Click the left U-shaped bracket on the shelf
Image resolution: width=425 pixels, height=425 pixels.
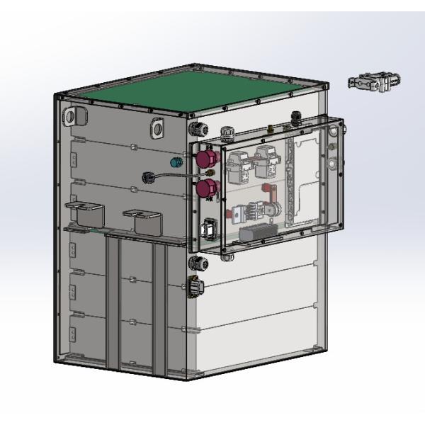point(83,214)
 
